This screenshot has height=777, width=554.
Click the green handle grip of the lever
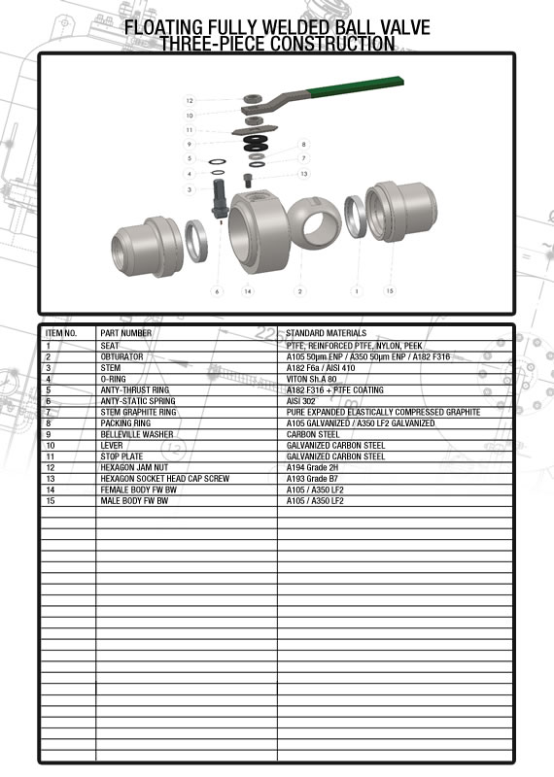(355, 85)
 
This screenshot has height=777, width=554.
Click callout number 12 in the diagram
(190, 101)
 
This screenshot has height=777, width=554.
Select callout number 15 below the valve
(390, 290)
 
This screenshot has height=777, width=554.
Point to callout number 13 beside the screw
(304, 174)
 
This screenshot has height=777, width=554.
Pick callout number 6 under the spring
(217, 291)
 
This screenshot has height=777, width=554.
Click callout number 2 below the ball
(299, 291)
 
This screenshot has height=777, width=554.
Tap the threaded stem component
(220, 198)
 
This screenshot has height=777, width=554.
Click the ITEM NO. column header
(61, 333)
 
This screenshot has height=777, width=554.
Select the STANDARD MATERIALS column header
(327, 333)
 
